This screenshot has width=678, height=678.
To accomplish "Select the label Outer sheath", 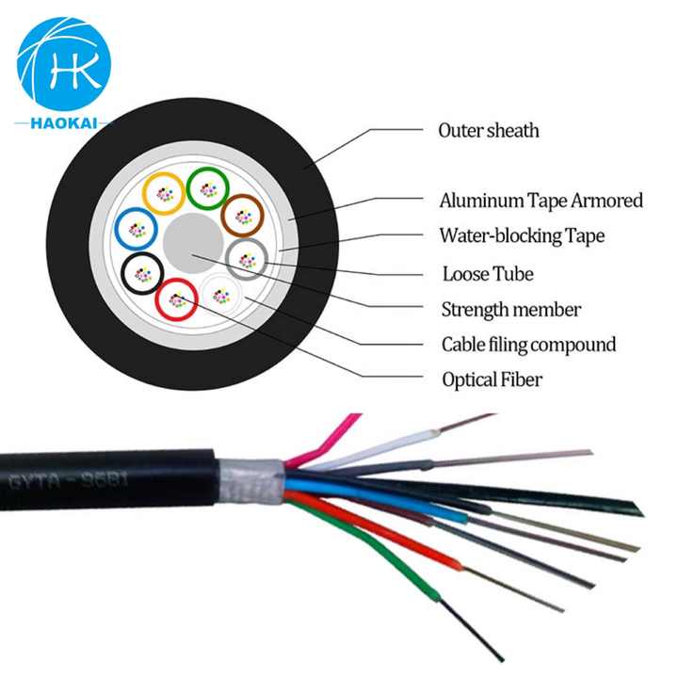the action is pyautogui.click(x=488, y=130).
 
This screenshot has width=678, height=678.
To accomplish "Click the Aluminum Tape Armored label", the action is pyautogui.click(x=541, y=201).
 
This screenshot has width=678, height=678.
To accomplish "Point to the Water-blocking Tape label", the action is pyautogui.click(x=522, y=235).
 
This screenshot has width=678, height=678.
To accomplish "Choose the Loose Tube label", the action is pyautogui.click(x=488, y=274).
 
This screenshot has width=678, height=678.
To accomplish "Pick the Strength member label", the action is pyautogui.click(x=511, y=309).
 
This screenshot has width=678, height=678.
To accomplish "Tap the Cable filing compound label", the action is pyautogui.click(x=528, y=345).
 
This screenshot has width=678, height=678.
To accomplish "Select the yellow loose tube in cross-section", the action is pyautogui.click(x=163, y=194).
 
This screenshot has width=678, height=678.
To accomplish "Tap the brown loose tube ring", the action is pyautogui.click(x=241, y=215).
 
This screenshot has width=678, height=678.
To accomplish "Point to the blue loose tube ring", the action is pyautogui.click(x=135, y=229).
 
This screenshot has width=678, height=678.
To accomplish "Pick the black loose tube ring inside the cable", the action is pyautogui.click(x=143, y=273).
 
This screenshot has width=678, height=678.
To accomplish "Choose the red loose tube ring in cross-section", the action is pyautogui.click(x=176, y=299).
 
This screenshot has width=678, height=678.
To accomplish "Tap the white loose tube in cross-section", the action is pyautogui.click(x=220, y=295).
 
